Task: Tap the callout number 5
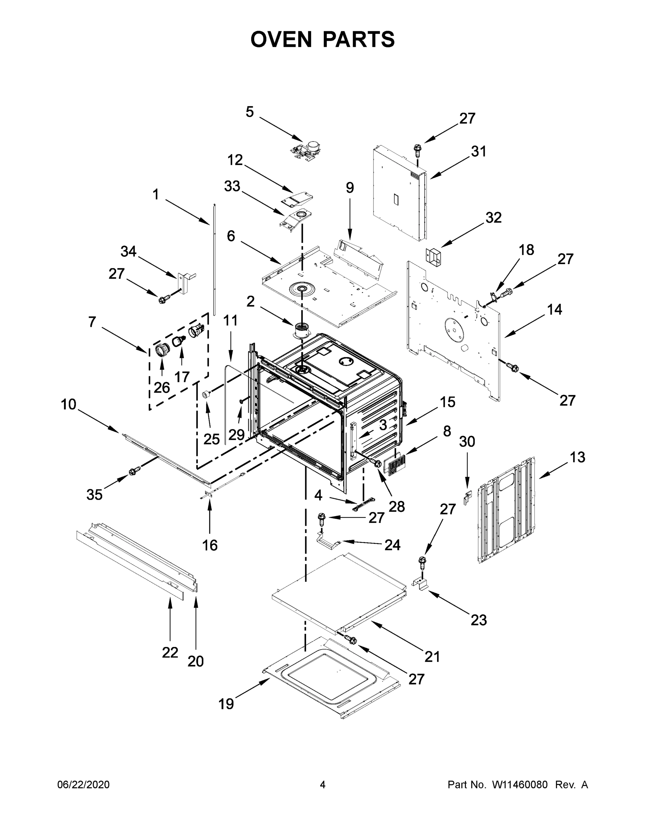click(x=250, y=112)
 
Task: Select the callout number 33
click(x=232, y=186)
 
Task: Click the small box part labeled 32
click(x=434, y=255)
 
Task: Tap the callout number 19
click(x=226, y=703)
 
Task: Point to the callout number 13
click(x=577, y=457)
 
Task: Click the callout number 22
click(x=170, y=653)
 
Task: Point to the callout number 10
click(x=68, y=404)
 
